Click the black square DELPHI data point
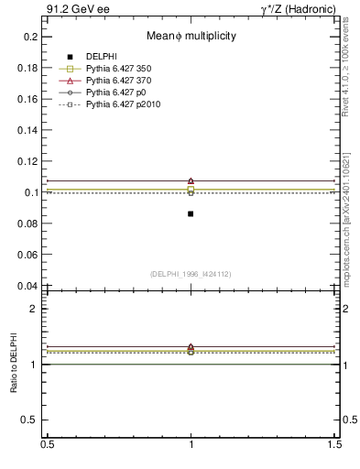[191, 213]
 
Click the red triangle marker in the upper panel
[191, 180]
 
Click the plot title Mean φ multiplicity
[191, 36]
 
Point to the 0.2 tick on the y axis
[30, 37]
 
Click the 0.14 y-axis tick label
[27, 130]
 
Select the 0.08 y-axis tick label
[27, 224]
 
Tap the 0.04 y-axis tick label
[27, 286]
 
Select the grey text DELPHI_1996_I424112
[191, 274]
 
